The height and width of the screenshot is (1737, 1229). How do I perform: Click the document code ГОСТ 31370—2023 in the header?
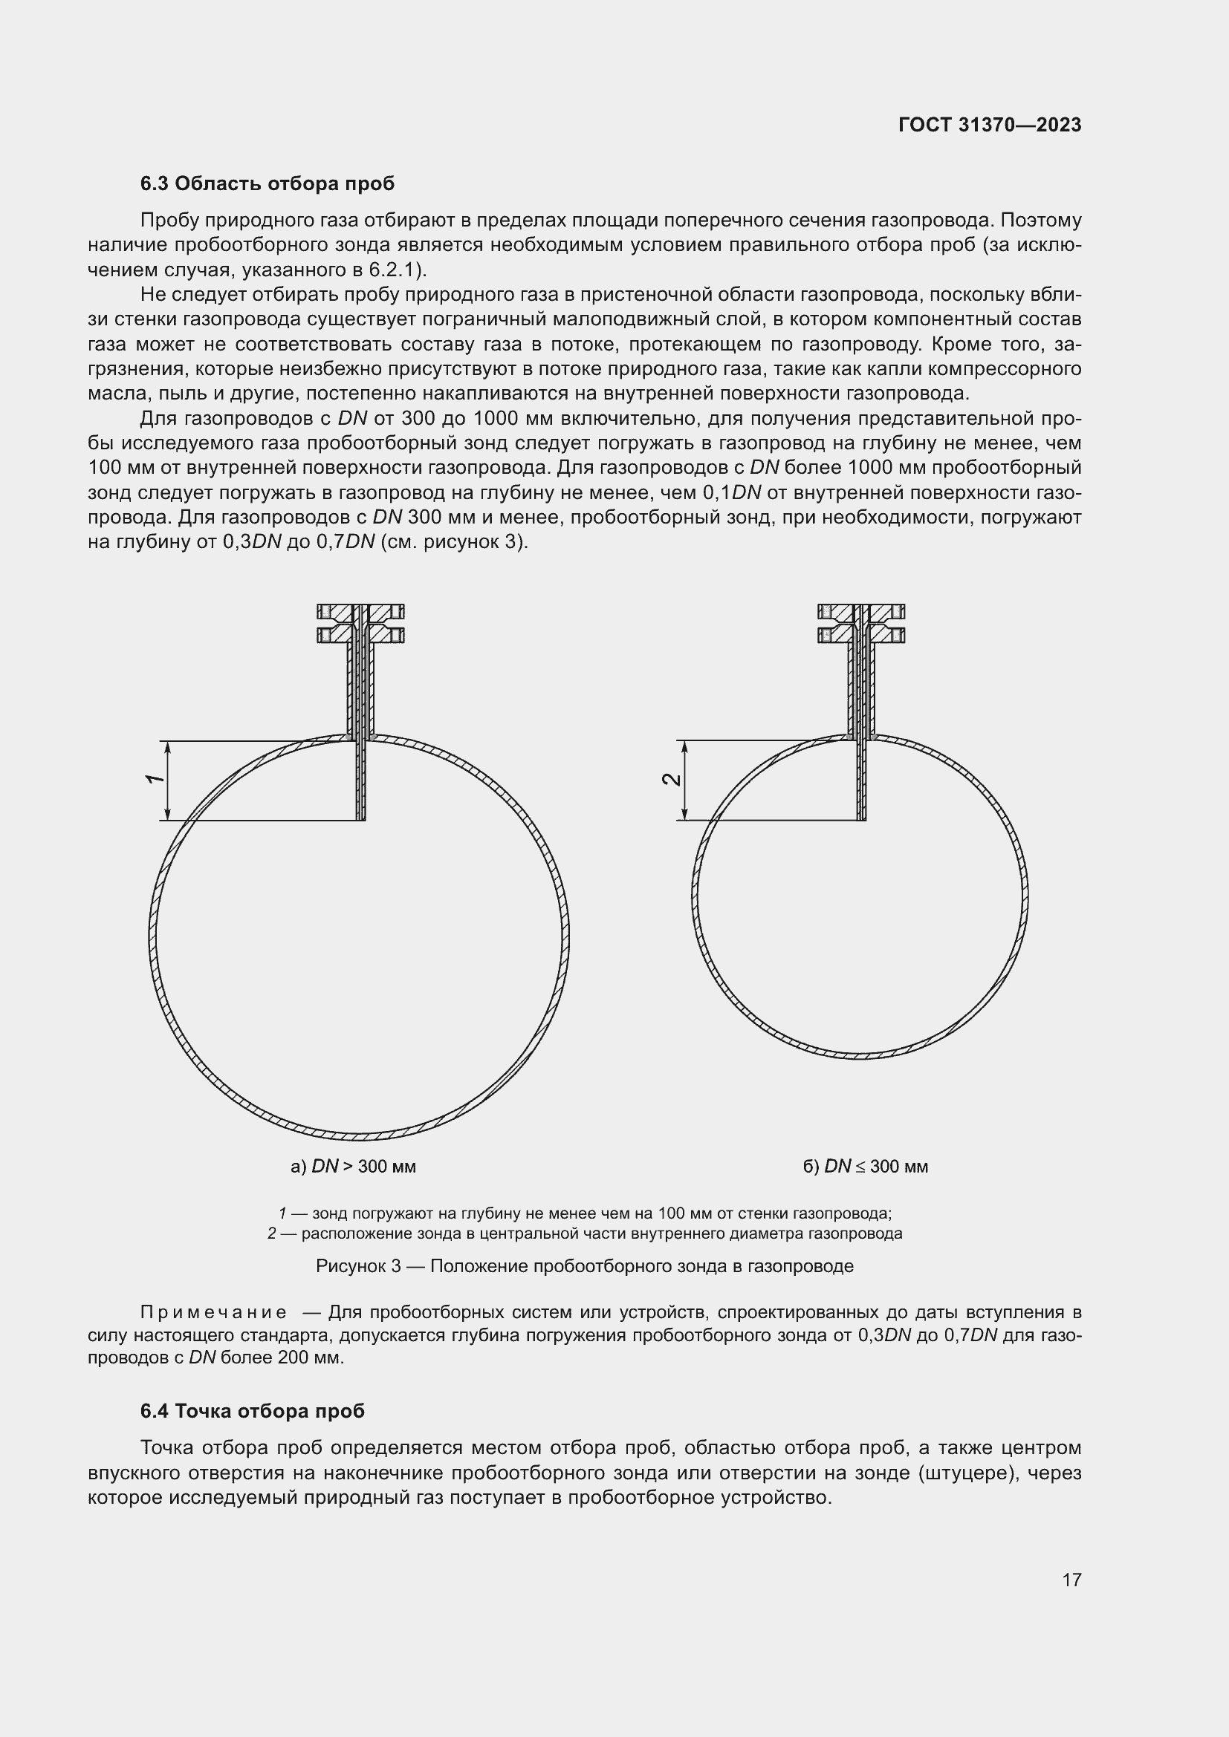[x=990, y=125]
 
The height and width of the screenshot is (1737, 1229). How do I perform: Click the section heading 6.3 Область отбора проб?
[x=267, y=184]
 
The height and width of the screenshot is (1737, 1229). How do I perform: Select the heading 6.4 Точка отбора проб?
[x=252, y=1411]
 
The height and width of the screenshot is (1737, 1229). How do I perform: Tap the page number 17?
[x=1071, y=1580]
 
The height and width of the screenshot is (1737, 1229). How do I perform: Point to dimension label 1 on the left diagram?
[x=155, y=779]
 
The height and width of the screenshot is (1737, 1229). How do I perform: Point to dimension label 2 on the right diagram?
[x=671, y=779]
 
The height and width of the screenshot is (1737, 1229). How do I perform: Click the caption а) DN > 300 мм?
[x=353, y=1166]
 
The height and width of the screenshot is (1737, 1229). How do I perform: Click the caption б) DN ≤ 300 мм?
[x=865, y=1166]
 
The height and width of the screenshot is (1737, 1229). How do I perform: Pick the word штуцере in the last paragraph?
[x=967, y=1473]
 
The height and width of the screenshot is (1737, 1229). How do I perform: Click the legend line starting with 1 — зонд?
[x=584, y=1213]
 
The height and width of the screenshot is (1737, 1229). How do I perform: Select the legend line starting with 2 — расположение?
[x=584, y=1234]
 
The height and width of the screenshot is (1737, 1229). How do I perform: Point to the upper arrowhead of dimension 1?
[x=168, y=746]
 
